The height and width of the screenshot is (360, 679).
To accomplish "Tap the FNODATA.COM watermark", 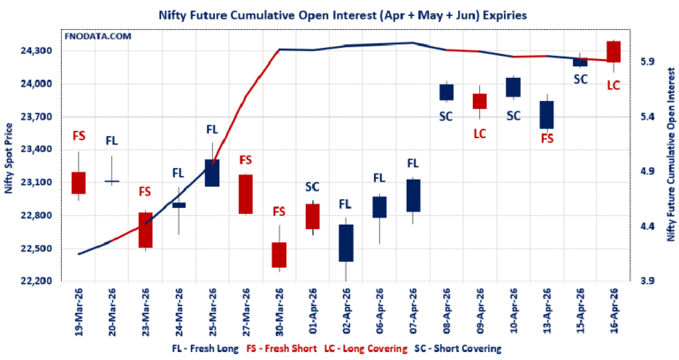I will [99, 37].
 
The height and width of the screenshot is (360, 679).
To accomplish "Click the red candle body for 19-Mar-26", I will [78, 182].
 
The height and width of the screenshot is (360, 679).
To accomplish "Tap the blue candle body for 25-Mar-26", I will [212, 172].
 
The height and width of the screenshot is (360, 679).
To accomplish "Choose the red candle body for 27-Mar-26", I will [246, 194].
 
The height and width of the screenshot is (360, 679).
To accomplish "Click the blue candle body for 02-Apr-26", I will [346, 242].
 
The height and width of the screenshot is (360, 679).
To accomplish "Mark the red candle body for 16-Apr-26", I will [614, 51].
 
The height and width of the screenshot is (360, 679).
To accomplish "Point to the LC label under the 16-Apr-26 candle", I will [614, 85].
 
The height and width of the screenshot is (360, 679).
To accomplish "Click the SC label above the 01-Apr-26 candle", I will [312, 187].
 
